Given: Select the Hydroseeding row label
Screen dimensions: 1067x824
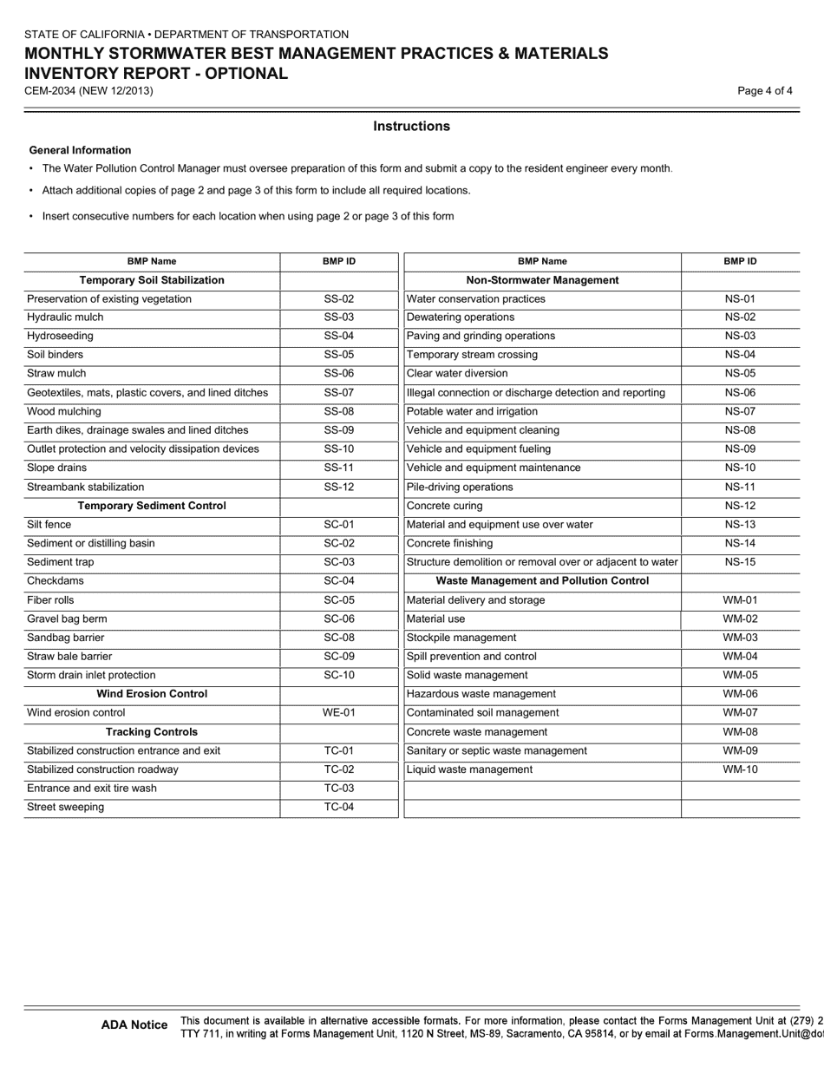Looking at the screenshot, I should (60, 337).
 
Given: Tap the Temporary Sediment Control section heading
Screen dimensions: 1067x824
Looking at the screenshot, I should (152, 506).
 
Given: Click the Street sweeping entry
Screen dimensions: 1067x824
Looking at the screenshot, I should (66, 808).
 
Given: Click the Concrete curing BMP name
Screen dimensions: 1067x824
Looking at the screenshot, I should (445, 506).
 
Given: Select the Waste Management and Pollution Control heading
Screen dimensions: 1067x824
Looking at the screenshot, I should (542, 581).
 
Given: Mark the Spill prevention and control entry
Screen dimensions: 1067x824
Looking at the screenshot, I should (471, 657).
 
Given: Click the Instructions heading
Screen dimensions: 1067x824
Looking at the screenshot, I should (411, 127).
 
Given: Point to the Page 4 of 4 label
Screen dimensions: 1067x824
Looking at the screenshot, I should (765, 91).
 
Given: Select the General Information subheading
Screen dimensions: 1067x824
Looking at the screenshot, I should (80, 151).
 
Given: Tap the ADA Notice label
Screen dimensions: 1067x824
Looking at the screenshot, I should (134, 1025).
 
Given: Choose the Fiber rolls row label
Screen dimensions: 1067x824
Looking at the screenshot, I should (50, 600).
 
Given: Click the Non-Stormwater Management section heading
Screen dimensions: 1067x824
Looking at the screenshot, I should (542, 280).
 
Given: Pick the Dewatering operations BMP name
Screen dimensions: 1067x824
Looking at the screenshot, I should (461, 317).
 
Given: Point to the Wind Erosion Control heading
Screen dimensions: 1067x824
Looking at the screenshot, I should (152, 694).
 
